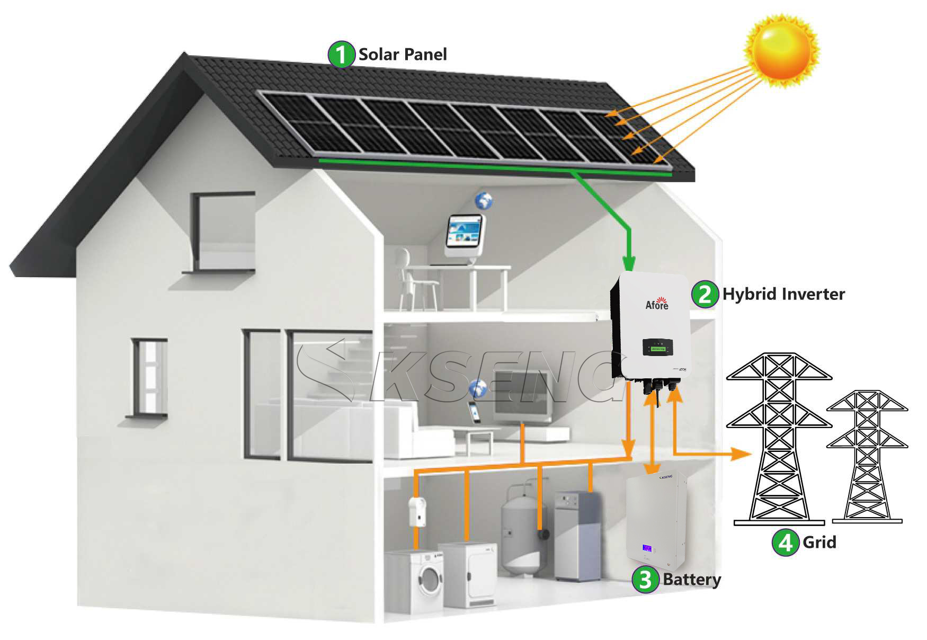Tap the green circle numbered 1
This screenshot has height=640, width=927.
pos(341,55)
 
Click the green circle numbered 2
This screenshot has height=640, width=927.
pos(705,294)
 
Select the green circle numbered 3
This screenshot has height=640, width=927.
pos(645,579)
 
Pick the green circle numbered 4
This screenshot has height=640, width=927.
pos(785,543)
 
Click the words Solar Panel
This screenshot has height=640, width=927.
pos(403,55)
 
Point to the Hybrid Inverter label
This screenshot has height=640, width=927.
pos(783,294)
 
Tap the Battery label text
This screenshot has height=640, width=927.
pos(692,580)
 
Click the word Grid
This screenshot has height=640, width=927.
pos(819,543)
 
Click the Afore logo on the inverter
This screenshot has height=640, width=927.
pos(657,304)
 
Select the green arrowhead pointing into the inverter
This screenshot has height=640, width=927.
pos(629,263)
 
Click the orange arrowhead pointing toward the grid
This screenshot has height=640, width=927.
pos(742,454)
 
